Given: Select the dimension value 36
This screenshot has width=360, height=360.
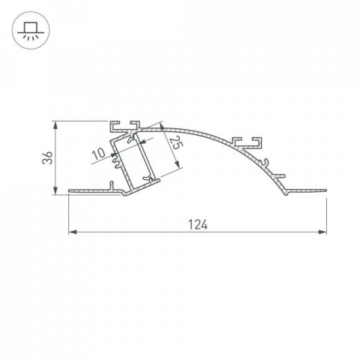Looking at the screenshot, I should (x=47, y=158).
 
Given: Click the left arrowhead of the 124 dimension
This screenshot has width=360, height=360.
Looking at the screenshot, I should (x=73, y=233).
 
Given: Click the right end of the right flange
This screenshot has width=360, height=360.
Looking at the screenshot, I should (x=327, y=192).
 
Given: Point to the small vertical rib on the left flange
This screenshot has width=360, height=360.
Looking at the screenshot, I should (x=111, y=185).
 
